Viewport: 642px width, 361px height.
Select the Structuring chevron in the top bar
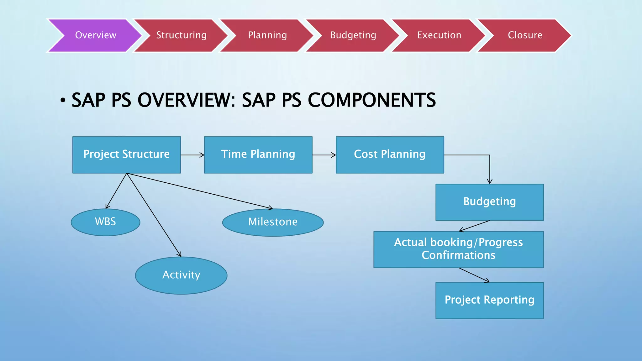(181, 35)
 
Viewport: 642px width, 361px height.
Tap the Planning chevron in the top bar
(267, 35)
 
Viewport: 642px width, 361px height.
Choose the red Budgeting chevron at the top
(353, 35)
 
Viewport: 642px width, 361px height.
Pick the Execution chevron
(439, 35)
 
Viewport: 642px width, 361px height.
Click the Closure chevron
(525, 35)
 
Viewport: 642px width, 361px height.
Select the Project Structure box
(126, 154)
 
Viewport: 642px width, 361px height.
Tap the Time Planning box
(258, 154)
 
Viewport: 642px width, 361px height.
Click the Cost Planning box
(390, 154)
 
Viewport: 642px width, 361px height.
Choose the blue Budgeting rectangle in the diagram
(489, 202)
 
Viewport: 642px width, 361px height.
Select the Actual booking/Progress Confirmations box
(458, 249)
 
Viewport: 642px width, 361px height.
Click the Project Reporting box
(489, 300)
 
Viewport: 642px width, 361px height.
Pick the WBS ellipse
(105, 222)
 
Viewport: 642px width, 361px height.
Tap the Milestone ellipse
(273, 222)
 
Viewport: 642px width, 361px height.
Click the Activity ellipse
(181, 275)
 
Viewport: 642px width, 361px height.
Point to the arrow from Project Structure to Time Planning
(192, 155)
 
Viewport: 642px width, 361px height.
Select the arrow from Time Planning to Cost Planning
(324, 155)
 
